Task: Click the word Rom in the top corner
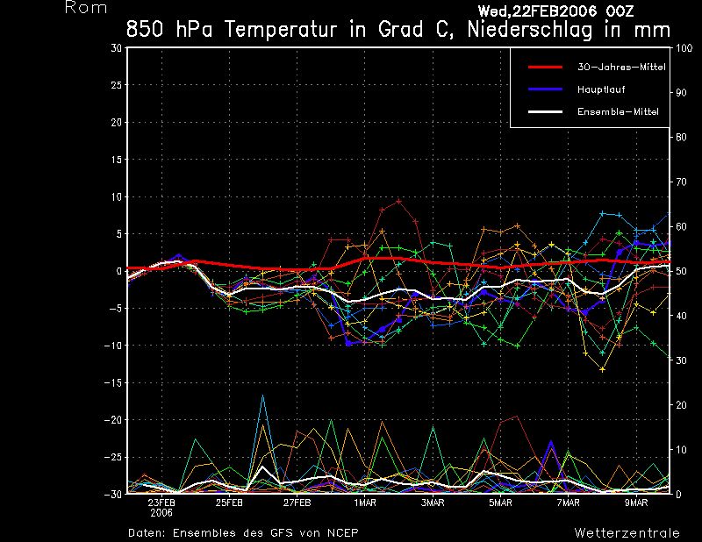click(x=86, y=8)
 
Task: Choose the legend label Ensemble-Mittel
click(x=617, y=112)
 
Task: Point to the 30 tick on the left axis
click(x=117, y=48)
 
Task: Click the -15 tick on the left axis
click(x=114, y=382)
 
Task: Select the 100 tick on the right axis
click(x=683, y=48)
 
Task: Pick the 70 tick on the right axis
click(x=680, y=182)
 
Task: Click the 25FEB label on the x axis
click(x=229, y=503)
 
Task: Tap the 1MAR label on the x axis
click(x=365, y=503)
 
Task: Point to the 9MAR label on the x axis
click(x=637, y=503)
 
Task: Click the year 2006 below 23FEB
click(x=161, y=513)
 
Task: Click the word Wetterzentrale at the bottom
click(x=627, y=532)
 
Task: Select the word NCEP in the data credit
click(x=341, y=532)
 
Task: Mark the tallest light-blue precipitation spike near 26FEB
click(x=262, y=396)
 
